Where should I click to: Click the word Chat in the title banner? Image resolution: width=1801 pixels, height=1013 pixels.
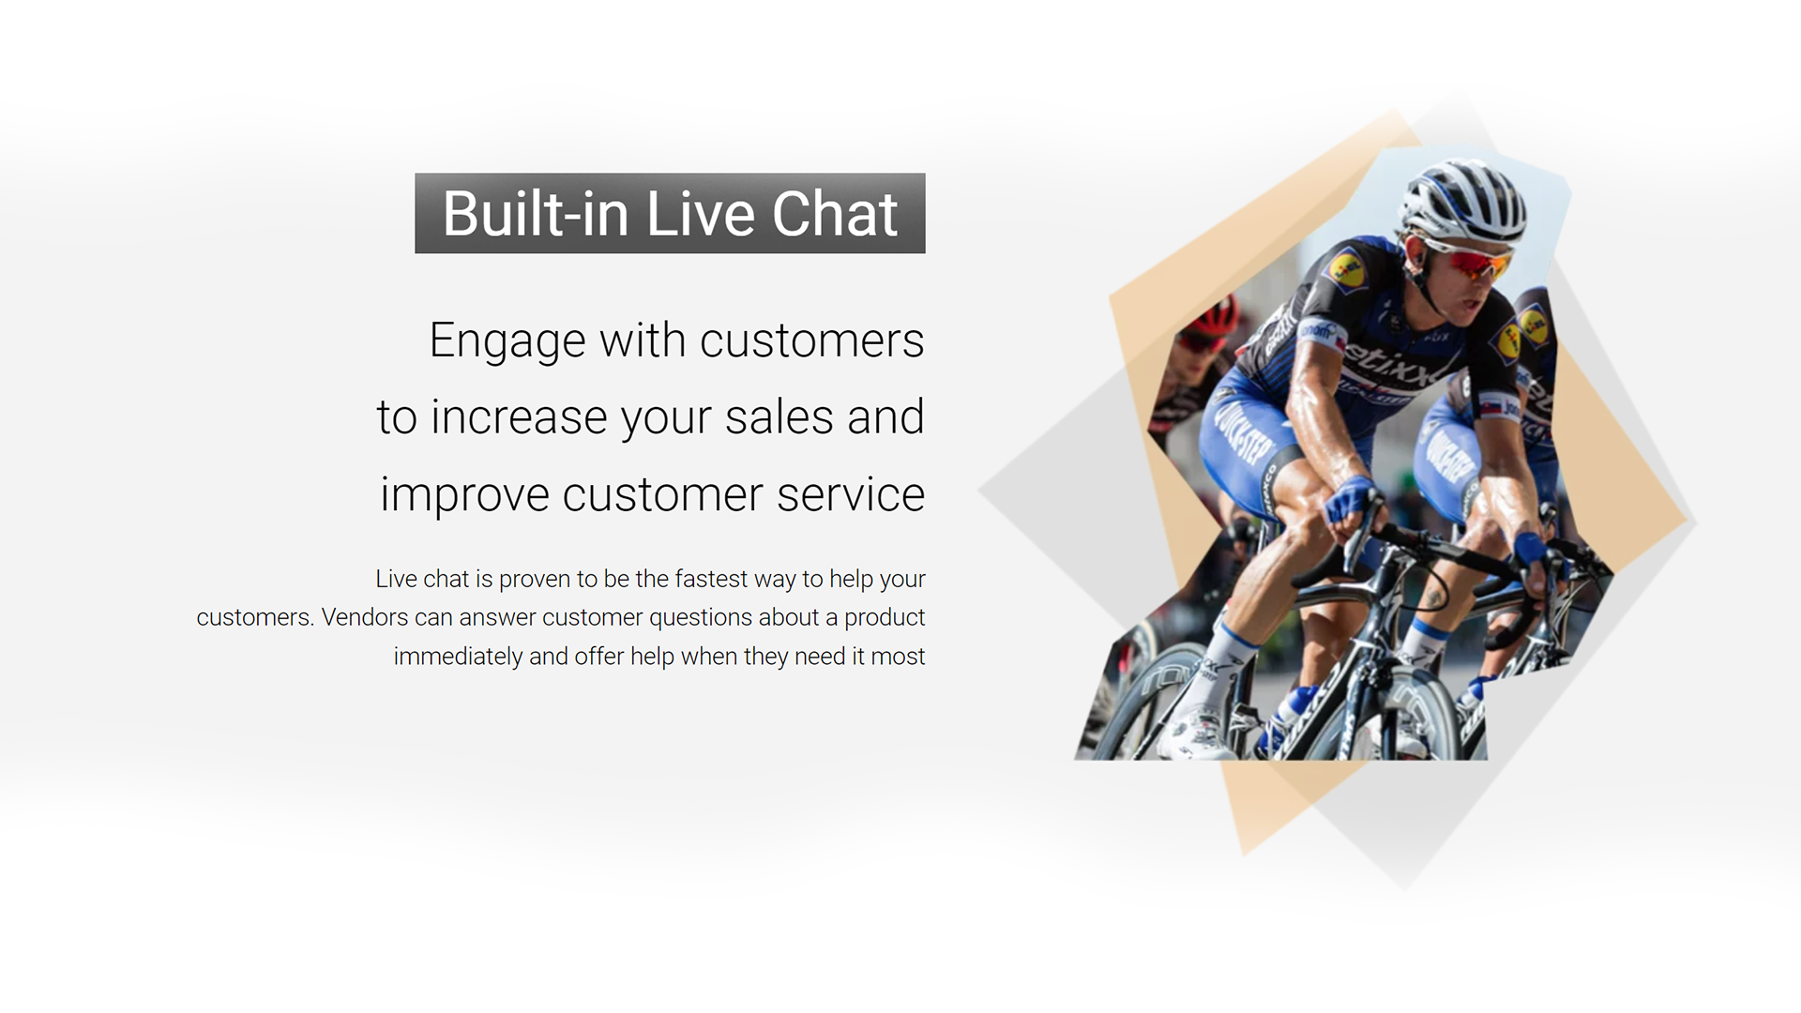coord(835,214)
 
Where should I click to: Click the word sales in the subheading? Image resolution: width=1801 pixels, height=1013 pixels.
coord(779,416)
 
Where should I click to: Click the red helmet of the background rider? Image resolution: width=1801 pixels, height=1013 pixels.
coord(1215,317)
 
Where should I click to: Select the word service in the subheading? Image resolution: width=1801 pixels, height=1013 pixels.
coord(851,495)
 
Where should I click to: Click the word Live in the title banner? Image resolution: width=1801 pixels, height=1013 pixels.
coord(700,214)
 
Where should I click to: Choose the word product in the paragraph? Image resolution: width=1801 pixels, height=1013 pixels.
coord(885,618)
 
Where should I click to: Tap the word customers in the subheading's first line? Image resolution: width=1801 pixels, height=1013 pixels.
coord(812,340)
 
